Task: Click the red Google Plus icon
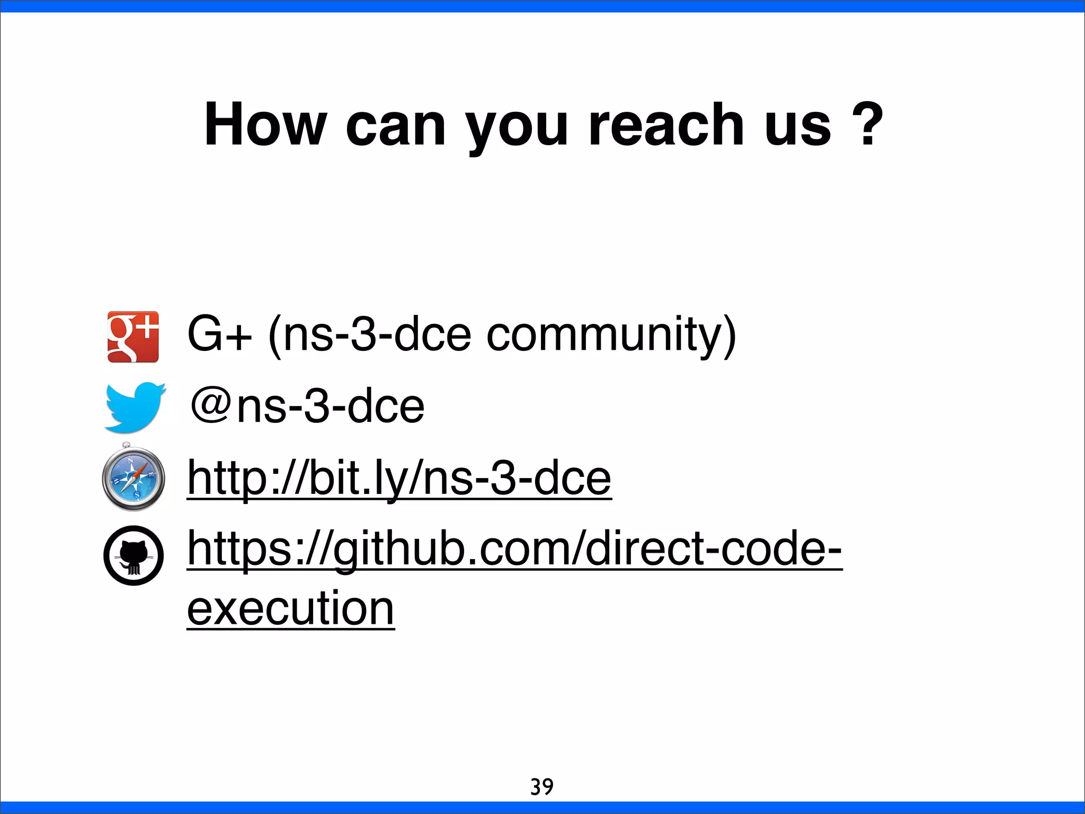[x=133, y=337]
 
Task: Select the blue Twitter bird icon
[x=135, y=407]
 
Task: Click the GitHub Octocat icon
[x=134, y=555]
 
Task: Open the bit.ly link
[x=399, y=479]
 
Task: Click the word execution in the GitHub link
[x=291, y=609]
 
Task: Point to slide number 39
[x=542, y=786]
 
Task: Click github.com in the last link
[x=456, y=550]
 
